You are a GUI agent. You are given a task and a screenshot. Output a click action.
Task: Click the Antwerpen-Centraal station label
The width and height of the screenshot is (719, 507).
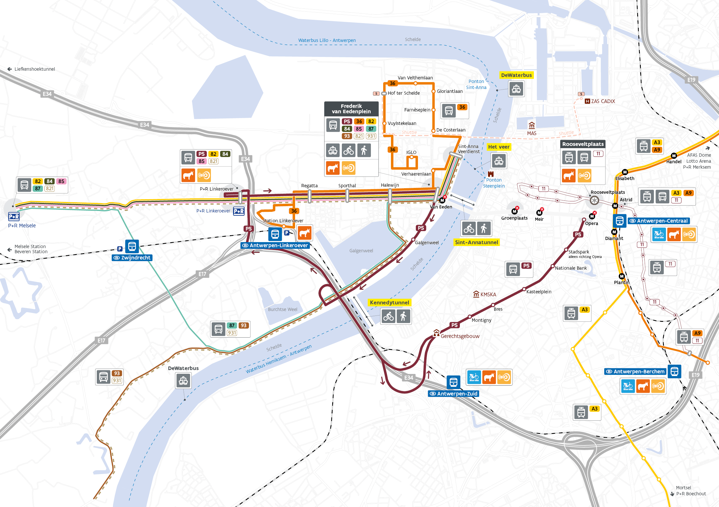coord(658,221)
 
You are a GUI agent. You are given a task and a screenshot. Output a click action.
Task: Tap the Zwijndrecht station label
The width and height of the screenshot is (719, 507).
coord(132,258)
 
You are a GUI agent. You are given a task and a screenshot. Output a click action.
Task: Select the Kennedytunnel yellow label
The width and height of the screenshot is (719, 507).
coord(389,303)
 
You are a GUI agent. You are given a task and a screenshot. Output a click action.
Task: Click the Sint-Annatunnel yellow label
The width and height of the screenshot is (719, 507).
coord(476,242)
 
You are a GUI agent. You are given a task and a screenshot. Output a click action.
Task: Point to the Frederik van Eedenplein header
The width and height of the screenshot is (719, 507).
coord(351,109)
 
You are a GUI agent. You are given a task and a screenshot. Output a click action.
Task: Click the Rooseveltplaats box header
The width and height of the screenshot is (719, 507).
coord(583,144)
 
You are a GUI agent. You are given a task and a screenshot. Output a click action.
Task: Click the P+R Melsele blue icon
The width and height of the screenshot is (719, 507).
coord(14,216)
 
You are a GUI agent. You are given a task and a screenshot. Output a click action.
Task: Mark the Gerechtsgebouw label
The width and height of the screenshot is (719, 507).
coord(460,336)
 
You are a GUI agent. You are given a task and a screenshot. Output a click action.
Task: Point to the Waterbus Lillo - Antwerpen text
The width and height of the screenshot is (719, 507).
coord(327,40)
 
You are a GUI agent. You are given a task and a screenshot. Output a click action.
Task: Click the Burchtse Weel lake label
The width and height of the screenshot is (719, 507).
coord(283,310)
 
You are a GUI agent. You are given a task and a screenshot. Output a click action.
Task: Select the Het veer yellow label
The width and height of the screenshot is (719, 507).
coord(499,147)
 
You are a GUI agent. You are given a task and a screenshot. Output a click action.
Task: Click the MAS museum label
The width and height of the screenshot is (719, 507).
coord(531,133)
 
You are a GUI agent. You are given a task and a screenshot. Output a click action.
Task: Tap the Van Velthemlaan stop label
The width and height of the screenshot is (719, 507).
coord(415,78)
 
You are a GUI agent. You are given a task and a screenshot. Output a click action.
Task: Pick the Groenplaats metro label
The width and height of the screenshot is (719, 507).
coord(514,218)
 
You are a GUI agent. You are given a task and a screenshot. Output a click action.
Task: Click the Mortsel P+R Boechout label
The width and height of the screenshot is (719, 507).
coord(691,491)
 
